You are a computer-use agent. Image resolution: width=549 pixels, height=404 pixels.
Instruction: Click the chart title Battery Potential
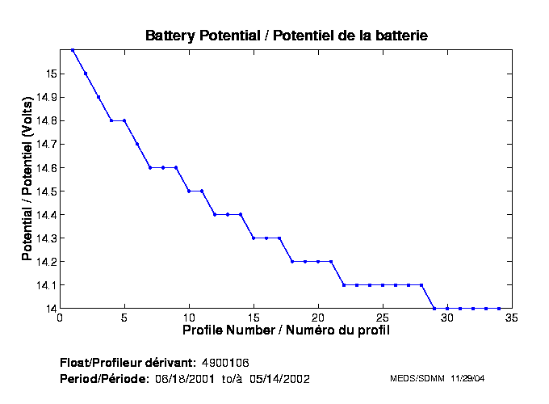286,36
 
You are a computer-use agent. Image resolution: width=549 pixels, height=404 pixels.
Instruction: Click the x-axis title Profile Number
286,330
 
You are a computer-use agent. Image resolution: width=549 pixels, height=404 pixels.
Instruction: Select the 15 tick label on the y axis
49,74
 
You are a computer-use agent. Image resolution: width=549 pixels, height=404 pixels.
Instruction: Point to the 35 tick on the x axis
512,318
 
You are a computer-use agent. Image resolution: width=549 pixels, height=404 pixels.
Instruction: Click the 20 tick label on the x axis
318,318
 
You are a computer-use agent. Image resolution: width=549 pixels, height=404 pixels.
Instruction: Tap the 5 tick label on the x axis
124,318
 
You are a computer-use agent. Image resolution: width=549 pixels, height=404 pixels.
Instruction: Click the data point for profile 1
73,50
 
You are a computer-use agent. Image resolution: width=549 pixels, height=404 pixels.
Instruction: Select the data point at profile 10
189,191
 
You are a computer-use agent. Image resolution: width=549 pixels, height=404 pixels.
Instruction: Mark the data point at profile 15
254,238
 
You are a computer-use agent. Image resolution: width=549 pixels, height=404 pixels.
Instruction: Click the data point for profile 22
344,284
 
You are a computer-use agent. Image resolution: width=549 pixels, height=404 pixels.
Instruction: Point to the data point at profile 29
434,308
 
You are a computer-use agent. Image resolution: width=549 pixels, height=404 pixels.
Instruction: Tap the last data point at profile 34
499,308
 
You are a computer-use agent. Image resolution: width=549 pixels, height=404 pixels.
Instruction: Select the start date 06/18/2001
183,379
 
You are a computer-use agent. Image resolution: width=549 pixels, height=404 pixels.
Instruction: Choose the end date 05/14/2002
279,379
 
